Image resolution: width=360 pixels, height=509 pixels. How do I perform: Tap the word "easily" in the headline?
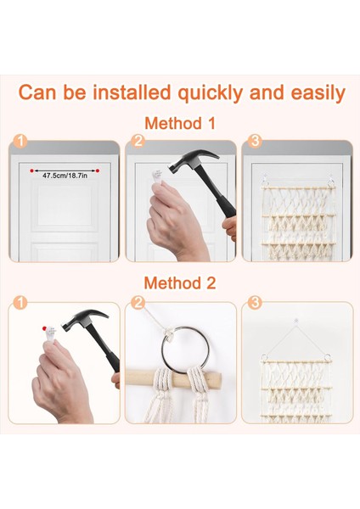click(x=318, y=93)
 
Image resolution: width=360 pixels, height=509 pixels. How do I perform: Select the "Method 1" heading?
click(x=180, y=123)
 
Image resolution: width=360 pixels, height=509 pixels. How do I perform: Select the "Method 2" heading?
click(x=180, y=283)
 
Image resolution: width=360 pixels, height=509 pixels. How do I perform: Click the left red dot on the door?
click(x=31, y=171)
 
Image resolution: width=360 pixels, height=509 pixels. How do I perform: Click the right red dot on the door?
click(x=98, y=171)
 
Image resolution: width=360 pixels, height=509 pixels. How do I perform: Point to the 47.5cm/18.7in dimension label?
click(x=65, y=176)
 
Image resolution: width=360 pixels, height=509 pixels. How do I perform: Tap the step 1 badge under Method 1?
click(x=20, y=142)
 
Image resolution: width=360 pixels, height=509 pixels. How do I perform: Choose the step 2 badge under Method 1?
click(x=138, y=142)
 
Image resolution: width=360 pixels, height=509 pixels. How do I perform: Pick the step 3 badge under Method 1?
click(x=255, y=142)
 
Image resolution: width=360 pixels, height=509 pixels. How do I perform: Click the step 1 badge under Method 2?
click(x=20, y=303)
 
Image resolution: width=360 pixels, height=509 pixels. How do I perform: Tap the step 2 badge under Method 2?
click(x=138, y=303)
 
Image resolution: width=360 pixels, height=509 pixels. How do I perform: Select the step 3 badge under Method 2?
click(x=255, y=303)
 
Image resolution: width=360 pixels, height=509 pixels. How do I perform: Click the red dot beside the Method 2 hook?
click(x=44, y=329)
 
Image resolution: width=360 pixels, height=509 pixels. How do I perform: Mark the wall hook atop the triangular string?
click(x=295, y=322)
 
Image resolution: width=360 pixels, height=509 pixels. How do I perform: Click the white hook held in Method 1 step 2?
click(x=158, y=177)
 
